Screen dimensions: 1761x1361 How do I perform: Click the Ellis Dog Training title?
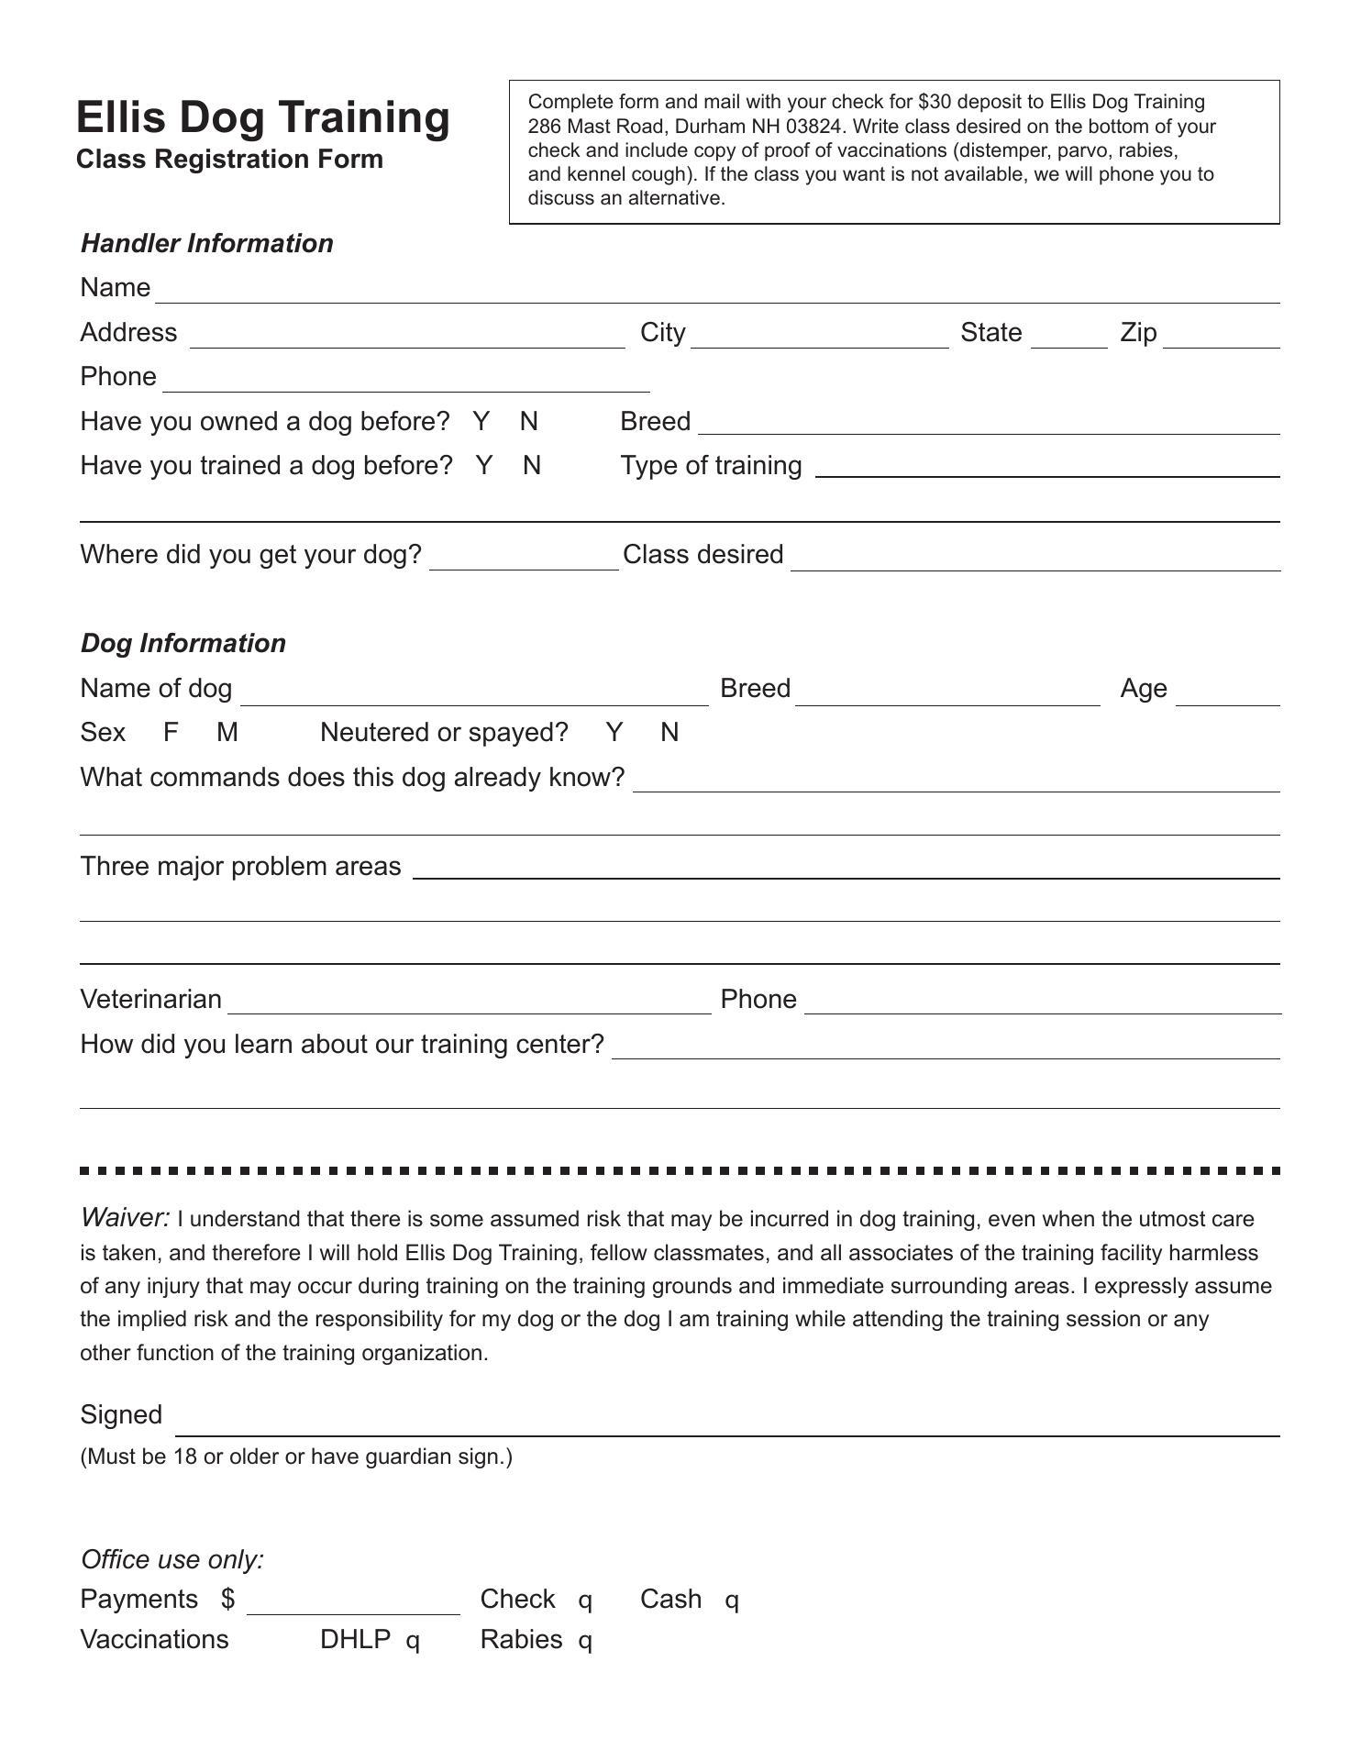tap(262, 118)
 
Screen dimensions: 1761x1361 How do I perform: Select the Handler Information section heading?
tap(207, 243)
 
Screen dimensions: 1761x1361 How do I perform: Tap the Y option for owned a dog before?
tap(481, 421)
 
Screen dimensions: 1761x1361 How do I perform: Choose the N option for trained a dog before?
tap(532, 465)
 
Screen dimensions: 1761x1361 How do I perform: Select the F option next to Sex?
tap(171, 732)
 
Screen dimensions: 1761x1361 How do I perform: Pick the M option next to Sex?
tap(227, 732)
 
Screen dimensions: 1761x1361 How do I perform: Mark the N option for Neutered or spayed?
tap(670, 732)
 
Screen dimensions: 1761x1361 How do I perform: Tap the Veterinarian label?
tap(151, 999)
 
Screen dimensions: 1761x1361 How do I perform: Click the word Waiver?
tap(125, 1217)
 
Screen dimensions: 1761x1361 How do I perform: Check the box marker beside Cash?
tap(732, 1601)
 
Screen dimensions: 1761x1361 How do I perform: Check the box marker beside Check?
tap(585, 1601)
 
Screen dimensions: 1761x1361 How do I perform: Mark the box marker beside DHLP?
tap(413, 1642)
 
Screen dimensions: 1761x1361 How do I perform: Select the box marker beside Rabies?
tap(585, 1642)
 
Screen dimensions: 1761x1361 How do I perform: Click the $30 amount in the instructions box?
tap(935, 102)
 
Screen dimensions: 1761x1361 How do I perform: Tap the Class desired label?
tap(703, 554)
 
